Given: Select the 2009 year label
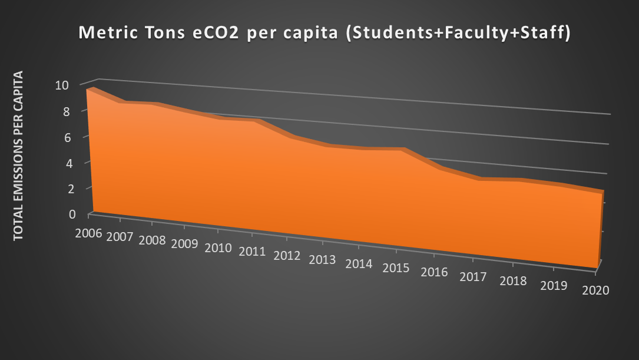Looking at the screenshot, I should pos(184,243).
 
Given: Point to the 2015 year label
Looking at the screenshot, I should pos(395,268).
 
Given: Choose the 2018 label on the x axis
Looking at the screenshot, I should pos(513,280).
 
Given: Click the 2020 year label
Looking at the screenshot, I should pos(595,290).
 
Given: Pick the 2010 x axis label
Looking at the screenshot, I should pos(218,247).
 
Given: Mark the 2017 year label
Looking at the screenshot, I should pos(473,276).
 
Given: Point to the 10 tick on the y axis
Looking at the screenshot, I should pos(78,85).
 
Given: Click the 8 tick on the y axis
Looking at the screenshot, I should pos(82,111).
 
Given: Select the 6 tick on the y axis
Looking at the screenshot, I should pos(82,137).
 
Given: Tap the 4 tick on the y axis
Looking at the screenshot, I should pos(82,163).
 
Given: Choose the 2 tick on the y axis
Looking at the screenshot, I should pos(82,189).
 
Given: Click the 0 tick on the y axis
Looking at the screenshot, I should pos(82,214).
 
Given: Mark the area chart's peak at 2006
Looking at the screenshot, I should pos(92,88).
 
